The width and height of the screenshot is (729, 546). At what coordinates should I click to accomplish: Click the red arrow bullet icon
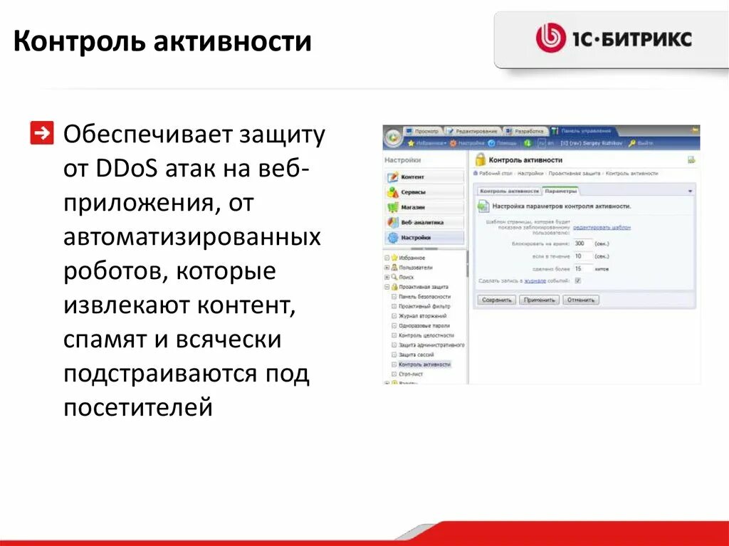click(x=42, y=133)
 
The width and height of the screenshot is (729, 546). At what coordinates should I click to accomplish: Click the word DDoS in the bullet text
click(x=127, y=170)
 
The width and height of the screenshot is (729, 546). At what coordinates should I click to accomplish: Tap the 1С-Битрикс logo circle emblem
click(x=550, y=38)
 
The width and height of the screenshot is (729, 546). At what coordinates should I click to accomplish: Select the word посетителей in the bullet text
click(x=138, y=408)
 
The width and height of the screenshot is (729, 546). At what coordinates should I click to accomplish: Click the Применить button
click(x=539, y=300)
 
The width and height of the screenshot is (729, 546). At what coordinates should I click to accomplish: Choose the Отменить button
click(x=581, y=300)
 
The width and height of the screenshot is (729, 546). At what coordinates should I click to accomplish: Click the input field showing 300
click(x=582, y=243)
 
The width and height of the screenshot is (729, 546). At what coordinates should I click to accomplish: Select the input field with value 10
click(x=582, y=256)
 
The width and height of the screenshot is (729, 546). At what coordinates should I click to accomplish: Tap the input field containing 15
click(x=582, y=268)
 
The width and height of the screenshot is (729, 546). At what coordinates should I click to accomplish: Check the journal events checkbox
click(x=577, y=280)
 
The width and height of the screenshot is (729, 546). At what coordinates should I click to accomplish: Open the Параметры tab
click(x=561, y=191)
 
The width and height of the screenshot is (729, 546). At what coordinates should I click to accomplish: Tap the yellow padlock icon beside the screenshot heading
click(x=480, y=160)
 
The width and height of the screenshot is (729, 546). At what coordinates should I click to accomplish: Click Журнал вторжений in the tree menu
click(x=422, y=315)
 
